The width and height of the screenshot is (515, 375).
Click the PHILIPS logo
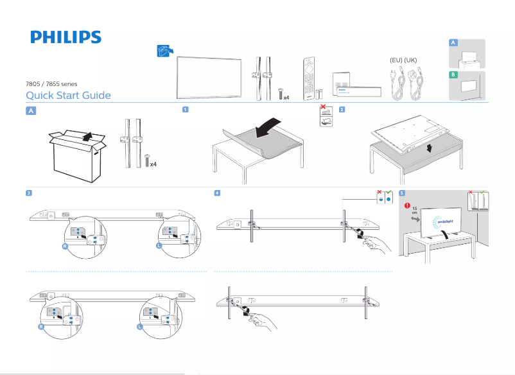click(x=65, y=37)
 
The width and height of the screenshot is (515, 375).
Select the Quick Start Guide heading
click(x=68, y=96)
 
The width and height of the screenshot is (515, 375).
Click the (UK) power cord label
click(x=411, y=60)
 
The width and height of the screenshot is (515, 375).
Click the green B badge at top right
click(x=453, y=75)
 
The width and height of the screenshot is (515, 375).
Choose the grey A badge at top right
click(x=453, y=42)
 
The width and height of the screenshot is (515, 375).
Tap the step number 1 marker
click(x=185, y=109)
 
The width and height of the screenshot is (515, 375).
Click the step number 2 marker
click(x=342, y=109)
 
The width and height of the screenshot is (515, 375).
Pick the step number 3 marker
click(x=29, y=193)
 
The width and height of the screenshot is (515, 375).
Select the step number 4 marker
click(x=218, y=193)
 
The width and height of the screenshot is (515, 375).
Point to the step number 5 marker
click(x=401, y=193)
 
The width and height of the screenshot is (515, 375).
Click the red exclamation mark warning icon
click(x=406, y=206)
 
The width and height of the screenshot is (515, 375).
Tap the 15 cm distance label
click(x=415, y=211)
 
